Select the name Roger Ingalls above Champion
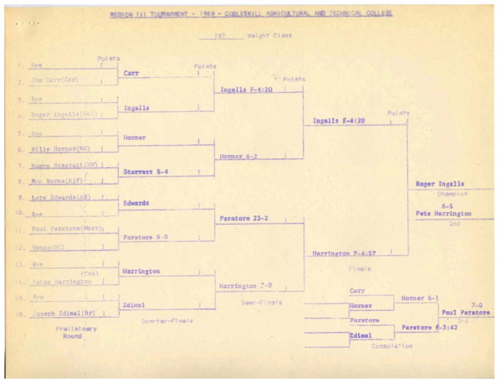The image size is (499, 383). pyautogui.click(x=440, y=184)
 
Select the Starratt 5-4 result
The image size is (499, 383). pyautogui.click(x=145, y=172)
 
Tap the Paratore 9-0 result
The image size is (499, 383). pyautogui.click(x=145, y=237)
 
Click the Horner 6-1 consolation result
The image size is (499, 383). pyautogui.click(x=419, y=298)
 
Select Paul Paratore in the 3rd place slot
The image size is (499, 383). pyautogui.click(x=465, y=312)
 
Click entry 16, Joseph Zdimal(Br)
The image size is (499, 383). pyautogui.click(x=63, y=314)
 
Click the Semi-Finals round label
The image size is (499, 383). pyautogui.click(x=261, y=303)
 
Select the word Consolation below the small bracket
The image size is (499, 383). pyautogui.click(x=392, y=346)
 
